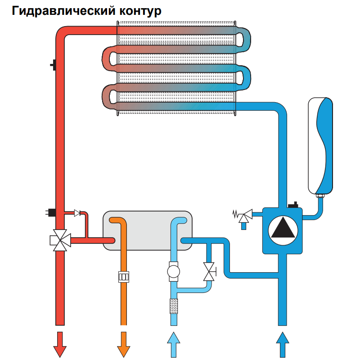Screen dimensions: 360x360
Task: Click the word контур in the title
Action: pyautogui.click(x=140, y=11)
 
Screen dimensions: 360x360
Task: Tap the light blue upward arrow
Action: pyautogui.click(x=173, y=345)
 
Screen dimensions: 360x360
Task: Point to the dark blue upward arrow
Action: pyautogui.click(x=283, y=345)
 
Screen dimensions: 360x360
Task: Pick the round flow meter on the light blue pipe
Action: pyautogui.click(x=173, y=272)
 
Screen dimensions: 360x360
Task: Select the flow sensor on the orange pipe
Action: pyautogui.click(x=123, y=276)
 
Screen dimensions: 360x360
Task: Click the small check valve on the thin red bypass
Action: pyautogui.click(x=78, y=212)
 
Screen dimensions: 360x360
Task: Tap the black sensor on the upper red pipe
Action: pyautogui.click(x=54, y=65)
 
